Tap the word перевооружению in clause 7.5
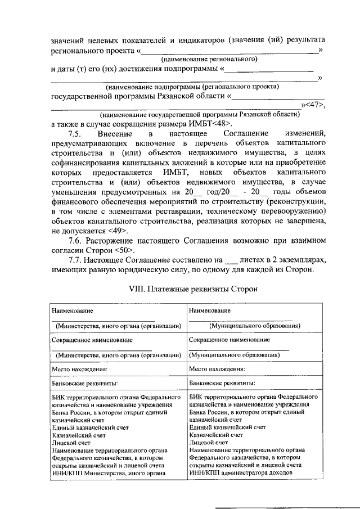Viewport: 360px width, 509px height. (x=286, y=211)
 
